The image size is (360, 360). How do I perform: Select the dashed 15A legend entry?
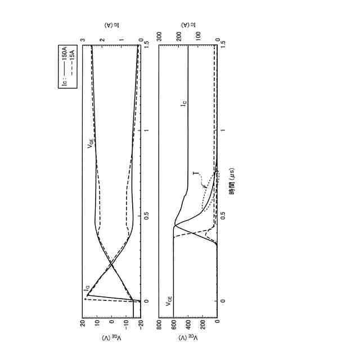72,62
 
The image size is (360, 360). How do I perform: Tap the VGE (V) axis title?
111,338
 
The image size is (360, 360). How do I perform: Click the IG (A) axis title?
112,25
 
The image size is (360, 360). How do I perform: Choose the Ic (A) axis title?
188,25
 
